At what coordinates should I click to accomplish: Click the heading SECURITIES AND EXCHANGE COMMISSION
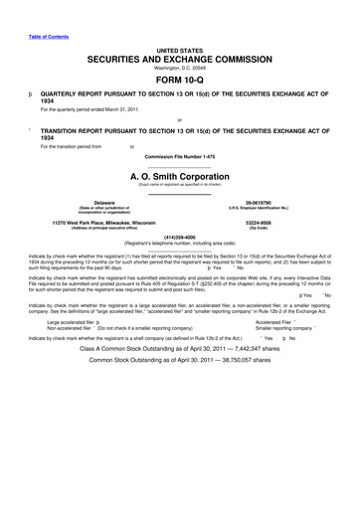point(179,60)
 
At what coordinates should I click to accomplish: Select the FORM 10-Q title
point(179,82)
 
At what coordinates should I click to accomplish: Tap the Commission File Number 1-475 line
point(179,156)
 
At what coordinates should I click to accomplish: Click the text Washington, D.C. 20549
point(179,70)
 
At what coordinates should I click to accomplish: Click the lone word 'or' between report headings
point(179,122)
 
